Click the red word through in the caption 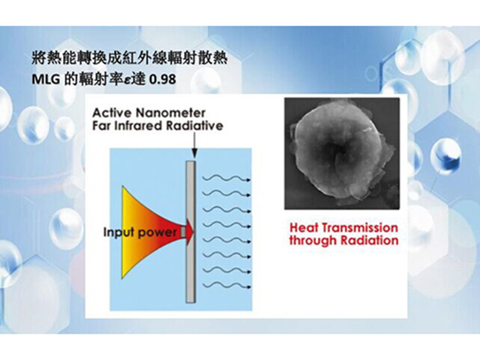[x=313, y=241]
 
